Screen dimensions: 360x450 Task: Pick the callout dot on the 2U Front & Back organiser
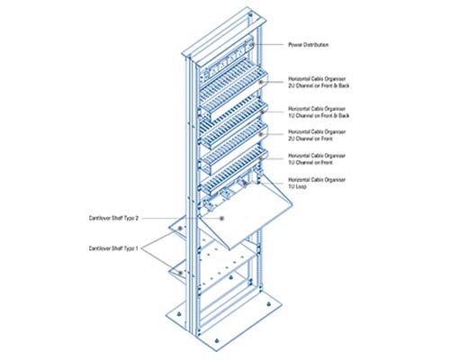tap(260, 82)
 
